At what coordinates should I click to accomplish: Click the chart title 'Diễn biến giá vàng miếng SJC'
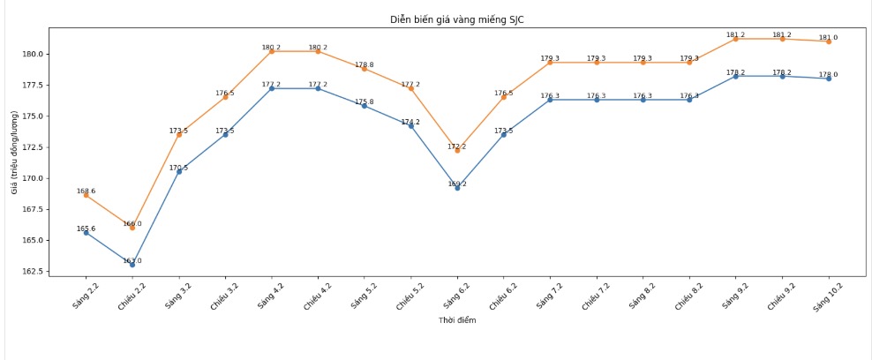[457, 19]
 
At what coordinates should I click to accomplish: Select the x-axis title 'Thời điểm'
[457, 320]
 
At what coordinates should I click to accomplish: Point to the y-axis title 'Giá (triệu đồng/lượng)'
[14, 153]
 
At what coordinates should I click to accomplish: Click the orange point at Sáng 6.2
[457, 150]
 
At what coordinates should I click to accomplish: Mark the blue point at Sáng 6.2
[457, 188]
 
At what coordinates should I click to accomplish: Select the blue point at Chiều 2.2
[132, 265]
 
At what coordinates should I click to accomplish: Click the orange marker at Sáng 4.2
[272, 51]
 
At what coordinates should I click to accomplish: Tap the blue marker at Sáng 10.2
[828, 79]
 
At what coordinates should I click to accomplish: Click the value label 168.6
[86, 191]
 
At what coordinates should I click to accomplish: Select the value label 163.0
[132, 261]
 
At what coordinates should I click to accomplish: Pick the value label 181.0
[828, 37]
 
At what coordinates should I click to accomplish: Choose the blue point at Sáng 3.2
[179, 171]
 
